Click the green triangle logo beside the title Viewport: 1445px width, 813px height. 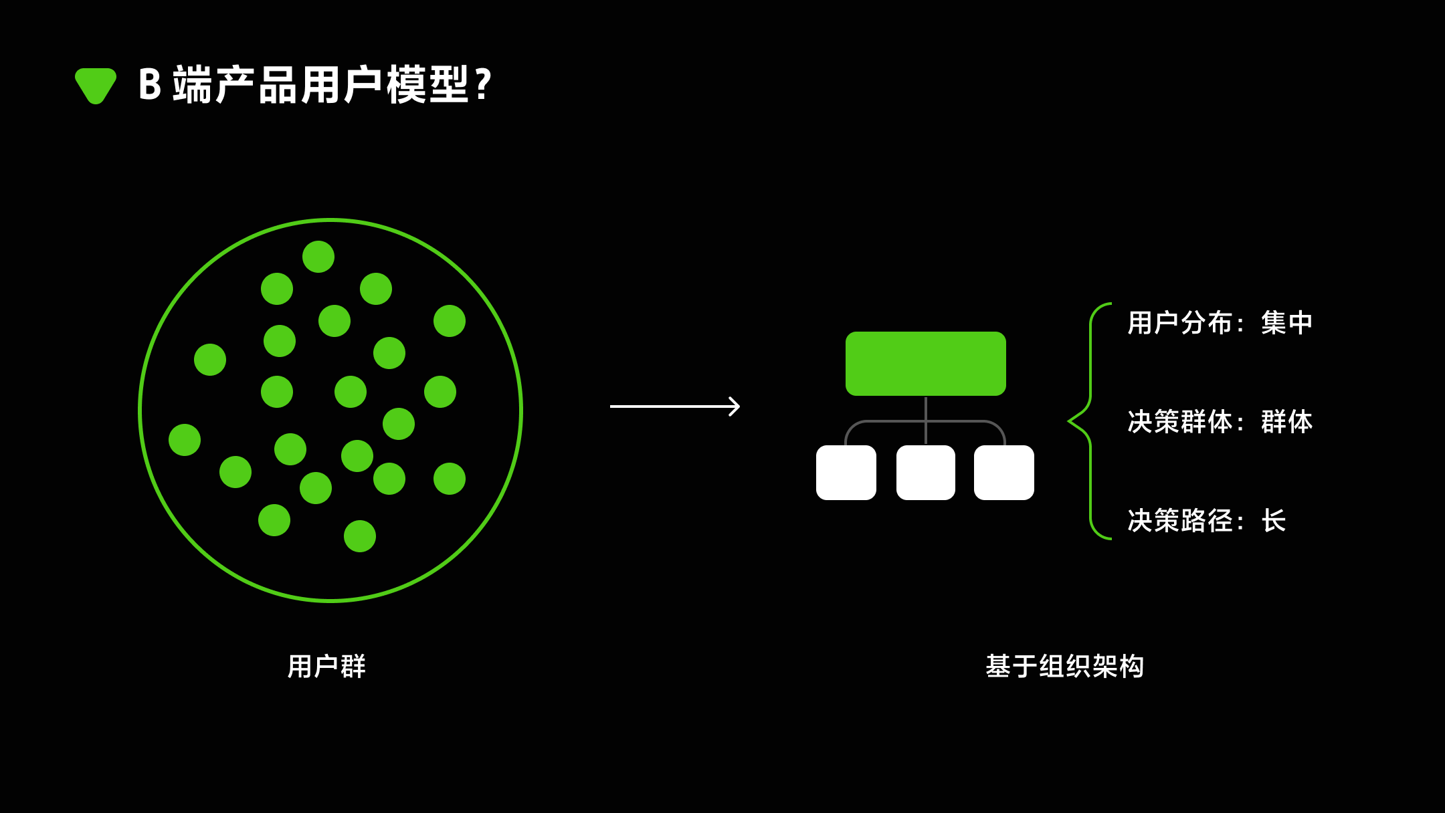pyautogui.click(x=96, y=85)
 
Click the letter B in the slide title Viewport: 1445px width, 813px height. pyautogui.click(x=150, y=85)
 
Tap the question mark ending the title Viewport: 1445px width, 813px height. pyautogui.click(x=482, y=85)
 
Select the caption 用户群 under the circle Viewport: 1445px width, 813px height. pyautogui.click(x=326, y=667)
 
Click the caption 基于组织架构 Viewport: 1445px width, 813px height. pyautogui.click(x=1064, y=667)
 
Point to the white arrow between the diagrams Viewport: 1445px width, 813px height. pyautogui.click(x=674, y=406)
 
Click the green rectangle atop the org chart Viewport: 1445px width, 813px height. pyautogui.click(x=925, y=363)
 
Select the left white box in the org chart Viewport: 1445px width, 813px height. pyautogui.click(x=846, y=473)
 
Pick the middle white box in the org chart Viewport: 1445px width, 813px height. pyautogui.click(x=925, y=473)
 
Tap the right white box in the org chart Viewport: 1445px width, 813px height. pyautogui.click(x=1003, y=473)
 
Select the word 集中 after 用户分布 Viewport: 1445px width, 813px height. pyautogui.click(x=1286, y=323)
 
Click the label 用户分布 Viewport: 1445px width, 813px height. pyautogui.click(x=1180, y=323)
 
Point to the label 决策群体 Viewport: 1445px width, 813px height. pyautogui.click(x=1180, y=422)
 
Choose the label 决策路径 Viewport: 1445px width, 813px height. pyautogui.click(x=1180, y=521)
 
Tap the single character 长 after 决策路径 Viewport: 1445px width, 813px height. pyautogui.click(x=1274, y=521)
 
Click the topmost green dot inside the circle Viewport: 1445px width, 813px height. pyautogui.click(x=318, y=257)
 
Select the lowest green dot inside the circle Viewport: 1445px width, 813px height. pyautogui.click(x=360, y=536)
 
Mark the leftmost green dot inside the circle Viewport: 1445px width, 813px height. pyautogui.click(x=185, y=440)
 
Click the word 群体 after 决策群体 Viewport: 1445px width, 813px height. pyautogui.click(x=1286, y=422)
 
